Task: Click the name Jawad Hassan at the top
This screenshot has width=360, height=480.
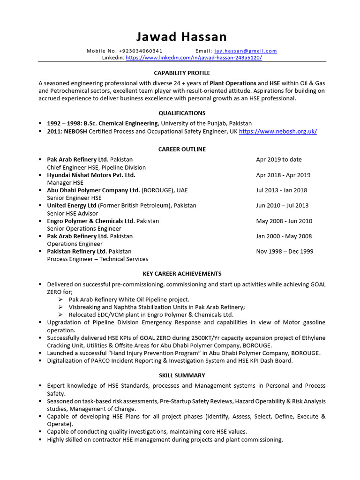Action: click(182, 37)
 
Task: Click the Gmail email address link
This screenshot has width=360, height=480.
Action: click(245, 51)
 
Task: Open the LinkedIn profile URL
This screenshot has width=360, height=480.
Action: click(194, 58)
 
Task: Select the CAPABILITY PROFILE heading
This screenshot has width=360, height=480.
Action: click(182, 73)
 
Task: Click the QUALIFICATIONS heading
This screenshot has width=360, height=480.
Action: click(182, 113)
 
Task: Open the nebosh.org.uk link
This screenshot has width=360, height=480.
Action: click(277, 131)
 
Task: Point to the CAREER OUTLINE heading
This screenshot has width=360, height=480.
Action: click(182, 149)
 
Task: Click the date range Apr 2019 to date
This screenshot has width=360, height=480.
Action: click(278, 159)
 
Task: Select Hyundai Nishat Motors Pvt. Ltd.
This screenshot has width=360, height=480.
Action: click(91, 175)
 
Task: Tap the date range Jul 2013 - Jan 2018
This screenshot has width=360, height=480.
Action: click(281, 190)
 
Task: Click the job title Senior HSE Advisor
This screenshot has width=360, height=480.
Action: click(72, 213)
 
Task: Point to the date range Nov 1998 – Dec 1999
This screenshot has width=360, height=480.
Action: click(285, 251)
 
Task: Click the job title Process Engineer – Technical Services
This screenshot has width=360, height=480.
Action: click(97, 259)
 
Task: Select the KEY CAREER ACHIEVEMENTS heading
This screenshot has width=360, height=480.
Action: click(182, 274)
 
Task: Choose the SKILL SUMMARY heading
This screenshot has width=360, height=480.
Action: click(182, 375)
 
